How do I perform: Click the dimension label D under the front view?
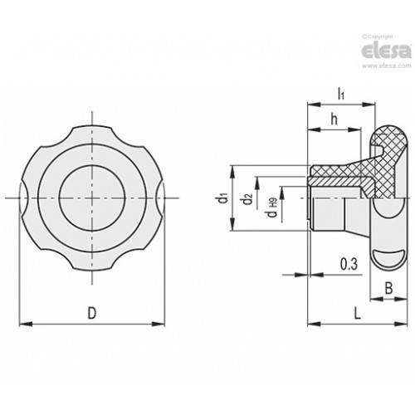pyautogui.click(x=92, y=313)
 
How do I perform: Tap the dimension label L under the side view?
pyautogui.click(x=358, y=313)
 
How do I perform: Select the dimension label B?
pyautogui.click(x=388, y=288)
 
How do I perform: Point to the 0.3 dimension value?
pyautogui.click(x=349, y=264)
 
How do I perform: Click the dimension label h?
pyautogui.click(x=334, y=120)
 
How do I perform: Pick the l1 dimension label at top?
pyautogui.click(x=341, y=93)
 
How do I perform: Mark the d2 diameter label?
pyautogui.click(x=248, y=199)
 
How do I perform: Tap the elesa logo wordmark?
pyautogui.click(x=387, y=51)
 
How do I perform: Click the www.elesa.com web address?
pyautogui.click(x=387, y=66)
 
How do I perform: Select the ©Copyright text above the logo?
pyautogui.click(x=378, y=37)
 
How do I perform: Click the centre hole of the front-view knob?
pyautogui.click(x=92, y=198)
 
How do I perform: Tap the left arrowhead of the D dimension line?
pyautogui.click(x=26, y=324)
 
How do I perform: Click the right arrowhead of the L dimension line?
pyautogui.click(x=401, y=324)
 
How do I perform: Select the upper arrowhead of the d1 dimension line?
pyautogui.click(x=233, y=172)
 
